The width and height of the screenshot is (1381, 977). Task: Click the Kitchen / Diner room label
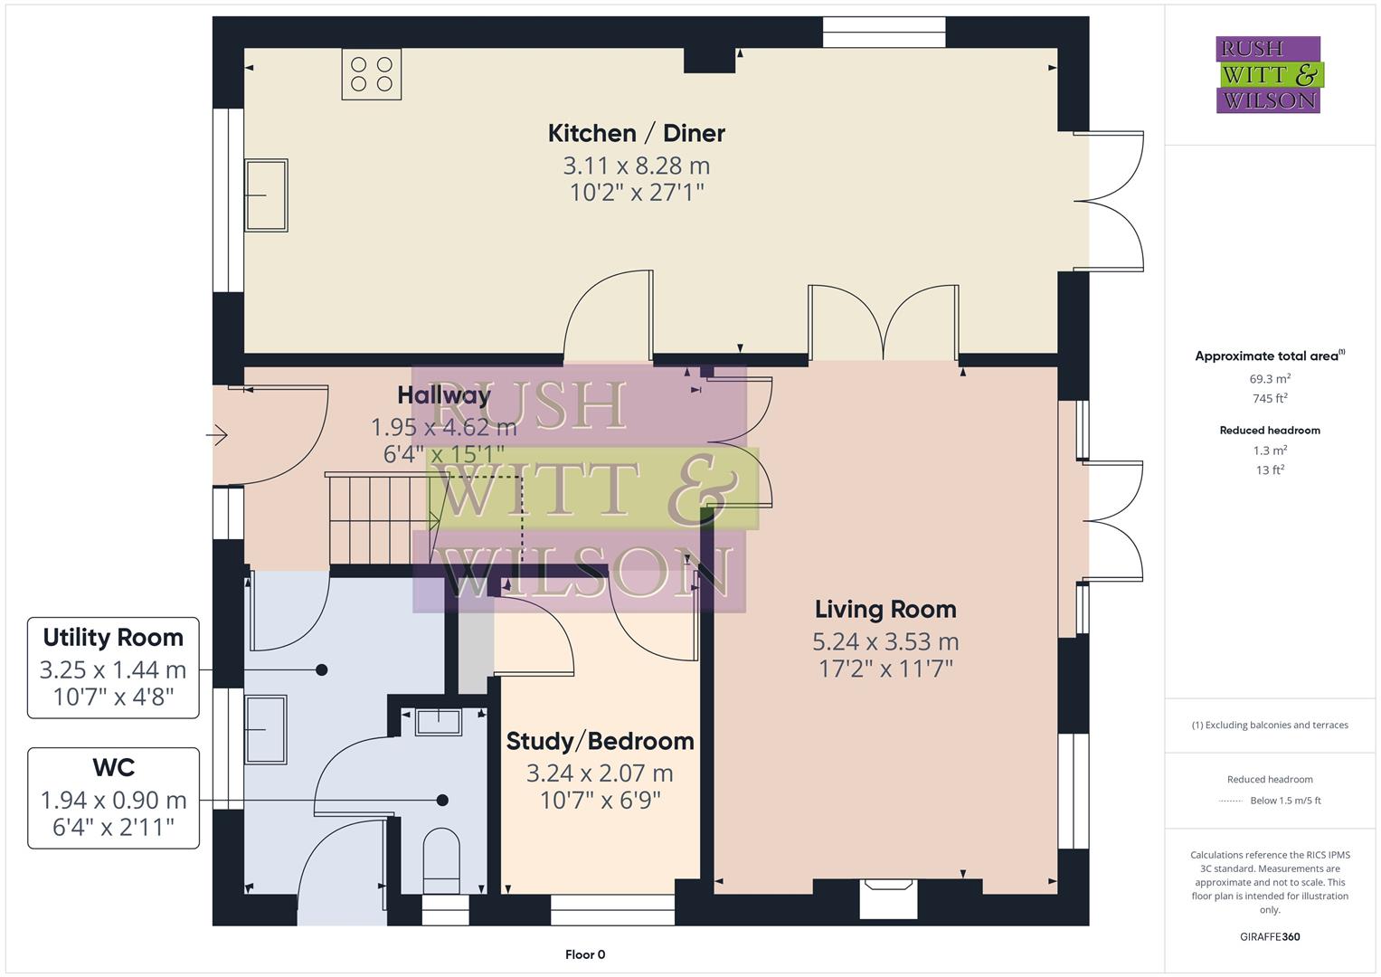636,133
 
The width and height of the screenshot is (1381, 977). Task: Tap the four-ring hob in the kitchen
371,73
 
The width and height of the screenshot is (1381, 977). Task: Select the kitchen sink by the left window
266,194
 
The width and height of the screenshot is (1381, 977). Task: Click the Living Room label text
884,609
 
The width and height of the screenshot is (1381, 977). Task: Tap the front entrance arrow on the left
217,436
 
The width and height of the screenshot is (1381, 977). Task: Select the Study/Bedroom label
600,741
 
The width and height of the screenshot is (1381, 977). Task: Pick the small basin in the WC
438,722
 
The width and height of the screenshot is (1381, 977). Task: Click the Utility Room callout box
113,668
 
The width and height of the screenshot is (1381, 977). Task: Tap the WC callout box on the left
113,798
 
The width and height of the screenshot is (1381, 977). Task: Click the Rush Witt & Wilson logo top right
1268,74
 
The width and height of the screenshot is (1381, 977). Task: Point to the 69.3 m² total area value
1270,379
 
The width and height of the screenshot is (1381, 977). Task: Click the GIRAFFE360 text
1270,936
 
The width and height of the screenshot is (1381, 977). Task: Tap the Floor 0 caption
584,954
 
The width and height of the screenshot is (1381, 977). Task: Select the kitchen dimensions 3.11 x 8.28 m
636,166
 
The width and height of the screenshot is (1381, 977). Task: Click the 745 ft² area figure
1270,398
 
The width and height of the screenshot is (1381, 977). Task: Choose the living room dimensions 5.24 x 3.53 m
884,641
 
